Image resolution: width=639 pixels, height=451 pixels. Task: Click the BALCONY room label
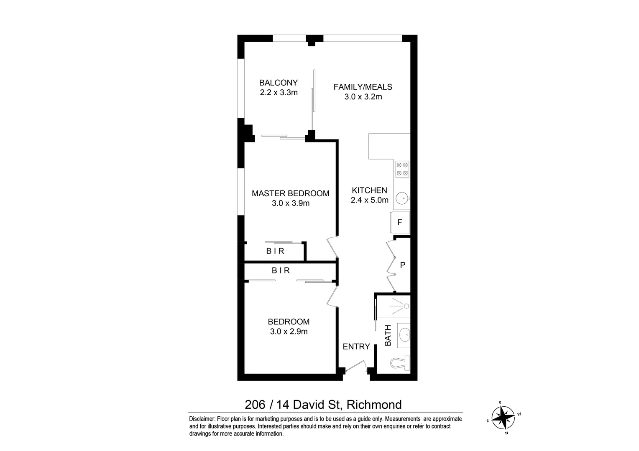click(x=278, y=82)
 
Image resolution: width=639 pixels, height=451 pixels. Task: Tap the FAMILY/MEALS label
click(x=363, y=87)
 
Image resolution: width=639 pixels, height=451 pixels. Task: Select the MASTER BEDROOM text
click(x=290, y=193)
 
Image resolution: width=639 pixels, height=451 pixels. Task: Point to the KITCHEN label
click(x=369, y=190)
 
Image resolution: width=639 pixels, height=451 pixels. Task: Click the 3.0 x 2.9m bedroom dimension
click(x=289, y=332)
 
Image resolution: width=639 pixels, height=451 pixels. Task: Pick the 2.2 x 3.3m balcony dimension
click(x=279, y=92)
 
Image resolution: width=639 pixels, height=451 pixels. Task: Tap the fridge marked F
click(x=400, y=223)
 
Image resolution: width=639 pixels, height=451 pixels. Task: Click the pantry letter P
click(x=403, y=265)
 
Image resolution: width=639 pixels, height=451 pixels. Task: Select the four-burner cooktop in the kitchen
click(x=402, y=169)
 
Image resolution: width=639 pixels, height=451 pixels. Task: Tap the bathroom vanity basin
click(x=404, y=334)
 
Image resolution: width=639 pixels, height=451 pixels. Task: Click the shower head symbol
click(x=406, y=306)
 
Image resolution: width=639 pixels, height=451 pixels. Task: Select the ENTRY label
click(x=356, y=346)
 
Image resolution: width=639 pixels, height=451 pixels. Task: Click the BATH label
click(x=388, y=335)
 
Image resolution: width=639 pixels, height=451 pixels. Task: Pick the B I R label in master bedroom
click(x=275, y=251)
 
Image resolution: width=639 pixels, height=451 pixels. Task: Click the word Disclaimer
click(x=202, y=419)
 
